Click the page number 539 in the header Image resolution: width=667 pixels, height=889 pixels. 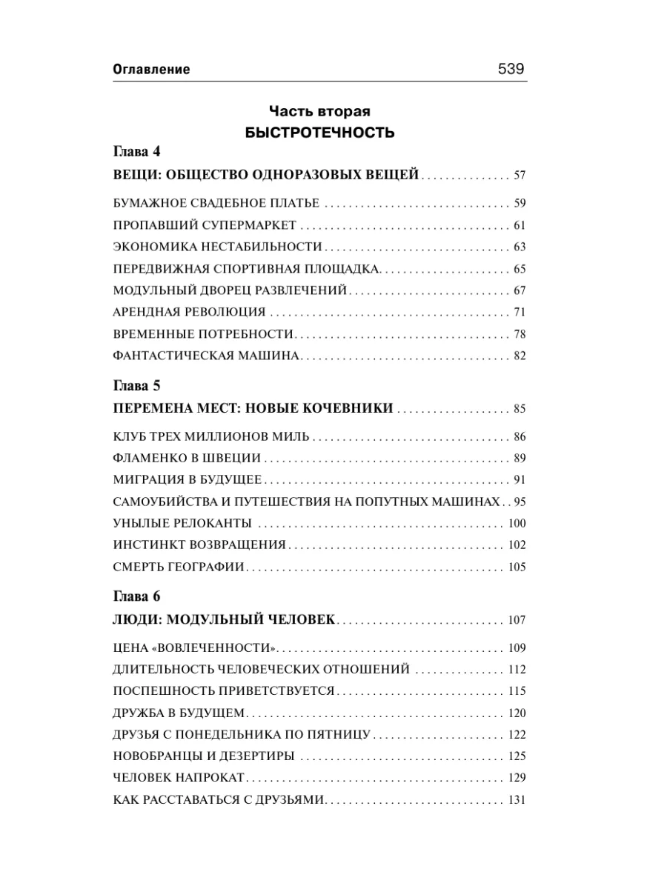pos(511,69)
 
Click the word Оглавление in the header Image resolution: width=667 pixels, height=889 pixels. pos(151,70)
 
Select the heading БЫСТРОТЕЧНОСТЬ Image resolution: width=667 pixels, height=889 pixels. pos(320,133)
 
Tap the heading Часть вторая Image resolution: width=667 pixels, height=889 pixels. pos(320,112)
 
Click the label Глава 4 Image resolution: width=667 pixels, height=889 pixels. pos(136,153)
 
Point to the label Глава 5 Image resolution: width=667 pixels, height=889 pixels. pos(136,386)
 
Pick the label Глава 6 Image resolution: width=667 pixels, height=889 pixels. pos(136,596)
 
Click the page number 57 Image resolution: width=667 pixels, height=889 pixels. pos(519,176)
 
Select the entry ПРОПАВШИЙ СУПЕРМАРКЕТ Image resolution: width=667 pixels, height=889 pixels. pos(205,225)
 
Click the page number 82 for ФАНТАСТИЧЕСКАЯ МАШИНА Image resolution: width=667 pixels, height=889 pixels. pos(519,356)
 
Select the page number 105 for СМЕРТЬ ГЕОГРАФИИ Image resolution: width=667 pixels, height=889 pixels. pos(517,567)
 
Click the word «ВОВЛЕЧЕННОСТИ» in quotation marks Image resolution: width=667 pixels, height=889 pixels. pos(214,648)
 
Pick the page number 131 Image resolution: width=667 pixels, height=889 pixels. pos(517,801)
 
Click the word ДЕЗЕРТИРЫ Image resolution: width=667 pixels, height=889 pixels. pos(258,756)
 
